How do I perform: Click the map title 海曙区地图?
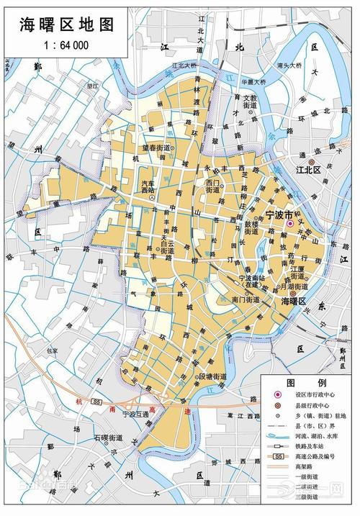tap(63, 26)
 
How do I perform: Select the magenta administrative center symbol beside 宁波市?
tap(290, 224)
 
